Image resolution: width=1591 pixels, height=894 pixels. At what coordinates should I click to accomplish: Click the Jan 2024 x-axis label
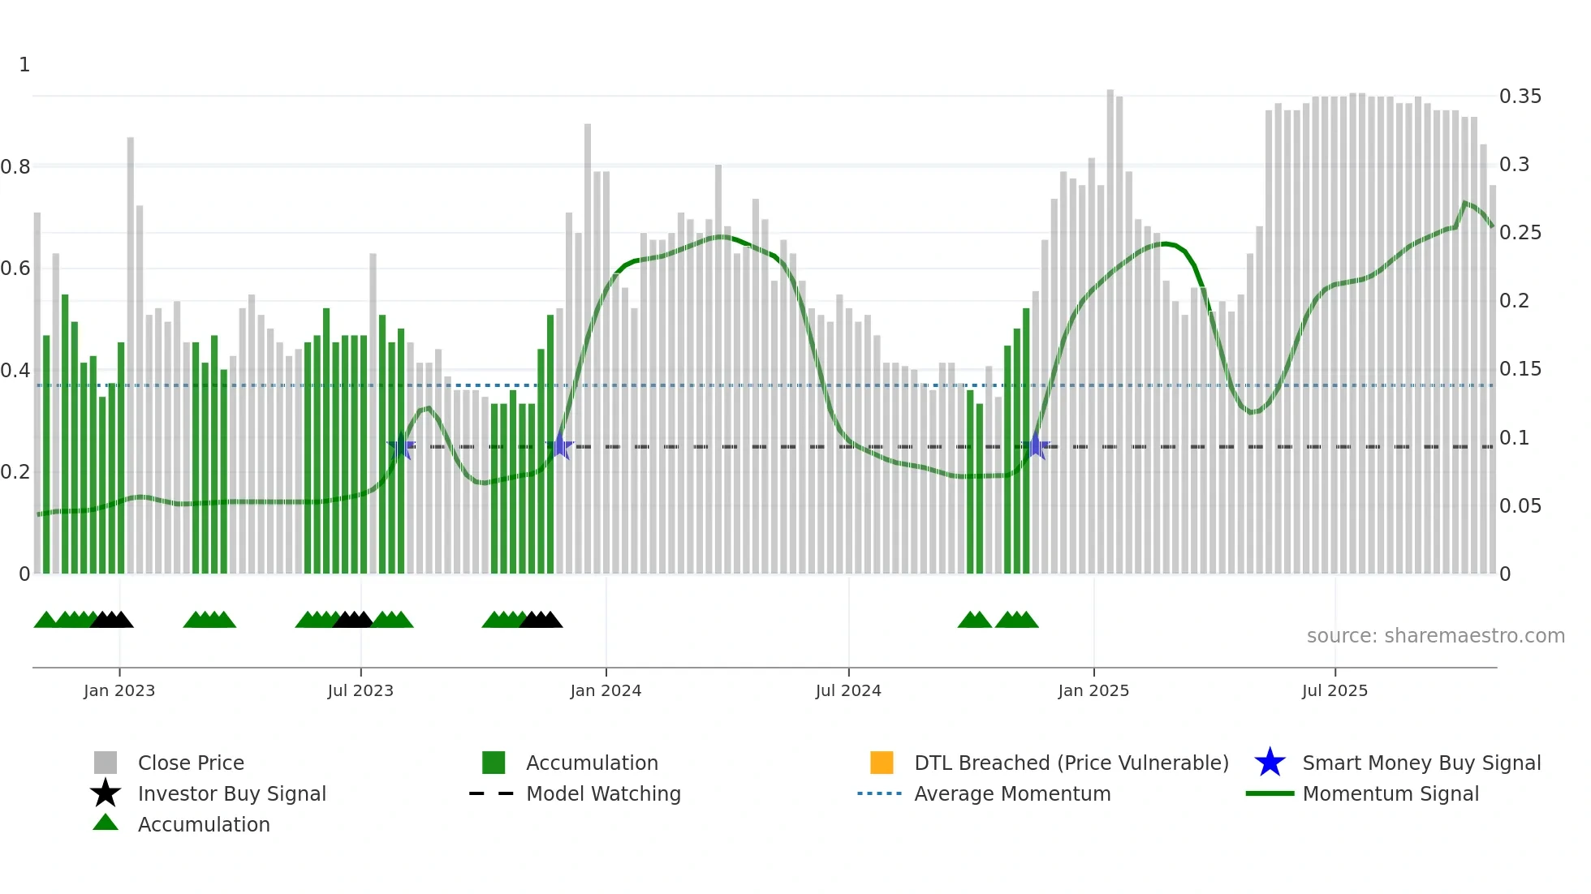click(x=606, y=690)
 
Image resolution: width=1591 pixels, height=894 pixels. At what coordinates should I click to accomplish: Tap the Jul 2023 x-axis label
click(x=360, y=690)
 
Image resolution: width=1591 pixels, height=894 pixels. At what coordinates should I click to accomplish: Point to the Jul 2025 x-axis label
click(x=1334, y=690)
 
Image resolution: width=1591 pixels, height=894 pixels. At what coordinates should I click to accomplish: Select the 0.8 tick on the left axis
click(x=15, y=167)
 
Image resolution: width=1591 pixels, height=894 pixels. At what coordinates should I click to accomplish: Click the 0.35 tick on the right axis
click(x=1520, y=97)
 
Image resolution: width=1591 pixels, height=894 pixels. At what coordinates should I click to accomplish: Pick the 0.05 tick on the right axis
click(x=1520, y=506)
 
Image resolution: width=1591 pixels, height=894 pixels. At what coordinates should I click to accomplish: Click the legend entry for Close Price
click(x=191, y=763)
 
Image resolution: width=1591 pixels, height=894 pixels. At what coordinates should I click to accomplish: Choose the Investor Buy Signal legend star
click(x=106, y=793)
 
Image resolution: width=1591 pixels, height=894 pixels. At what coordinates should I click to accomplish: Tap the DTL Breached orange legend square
click(x=882, y=763)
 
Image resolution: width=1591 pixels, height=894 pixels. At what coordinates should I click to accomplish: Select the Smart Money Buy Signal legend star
click(x=1270, y=763)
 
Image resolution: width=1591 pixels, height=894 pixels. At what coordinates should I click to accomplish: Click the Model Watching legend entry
click(x=603, y=793)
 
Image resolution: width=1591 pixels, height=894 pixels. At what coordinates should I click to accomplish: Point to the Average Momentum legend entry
click(x=1011, y=793)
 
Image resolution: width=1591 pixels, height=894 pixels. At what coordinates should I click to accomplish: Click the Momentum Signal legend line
click(x=1270, y=793)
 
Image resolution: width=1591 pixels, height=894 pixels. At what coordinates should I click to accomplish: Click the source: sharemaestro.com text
click(x=1435, y=636)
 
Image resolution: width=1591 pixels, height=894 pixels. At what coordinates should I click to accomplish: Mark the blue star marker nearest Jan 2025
click(x=1035, y=446)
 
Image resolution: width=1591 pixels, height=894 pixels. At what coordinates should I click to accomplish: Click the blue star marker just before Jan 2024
click(x=559, y=446)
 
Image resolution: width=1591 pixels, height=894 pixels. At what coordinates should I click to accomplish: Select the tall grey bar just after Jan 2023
click(x=130, y=357)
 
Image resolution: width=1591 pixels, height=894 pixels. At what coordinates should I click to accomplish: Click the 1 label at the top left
click(x=24, y=65)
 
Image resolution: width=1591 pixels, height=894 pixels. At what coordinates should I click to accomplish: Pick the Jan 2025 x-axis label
click(x=1093, y=690)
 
